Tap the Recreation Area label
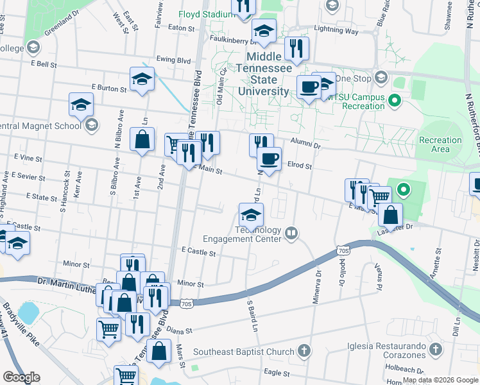440,144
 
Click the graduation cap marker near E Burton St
142,79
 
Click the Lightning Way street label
337,30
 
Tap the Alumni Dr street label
304,146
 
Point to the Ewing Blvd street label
174,60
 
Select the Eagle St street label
278,373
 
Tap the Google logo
21,377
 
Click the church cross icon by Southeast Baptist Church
304,351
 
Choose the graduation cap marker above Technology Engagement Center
251,214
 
